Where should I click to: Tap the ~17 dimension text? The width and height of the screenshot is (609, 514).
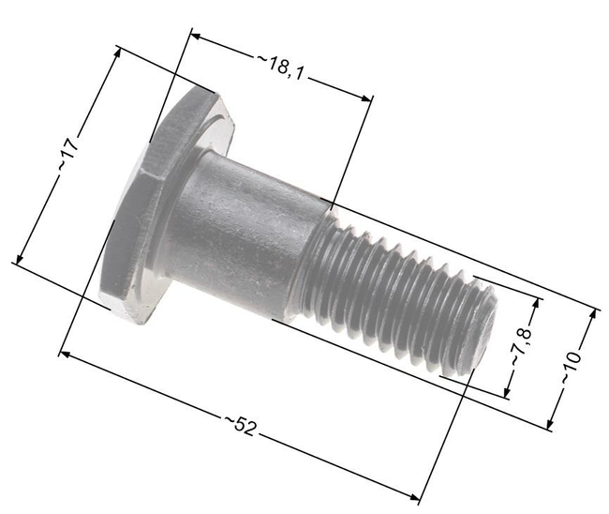tap(67, 155)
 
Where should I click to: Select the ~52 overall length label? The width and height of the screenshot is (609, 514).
tap(241, 427)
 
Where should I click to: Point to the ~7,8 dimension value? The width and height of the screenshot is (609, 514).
tap(522, 348)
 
